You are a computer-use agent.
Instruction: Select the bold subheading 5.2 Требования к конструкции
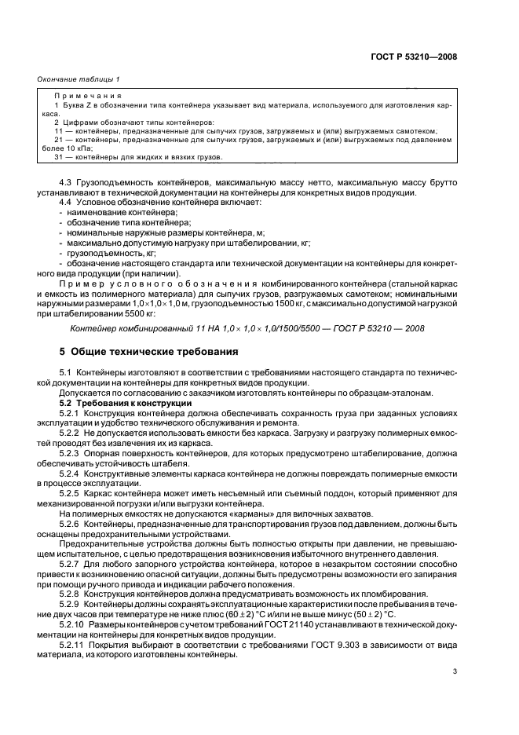[126, 403]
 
